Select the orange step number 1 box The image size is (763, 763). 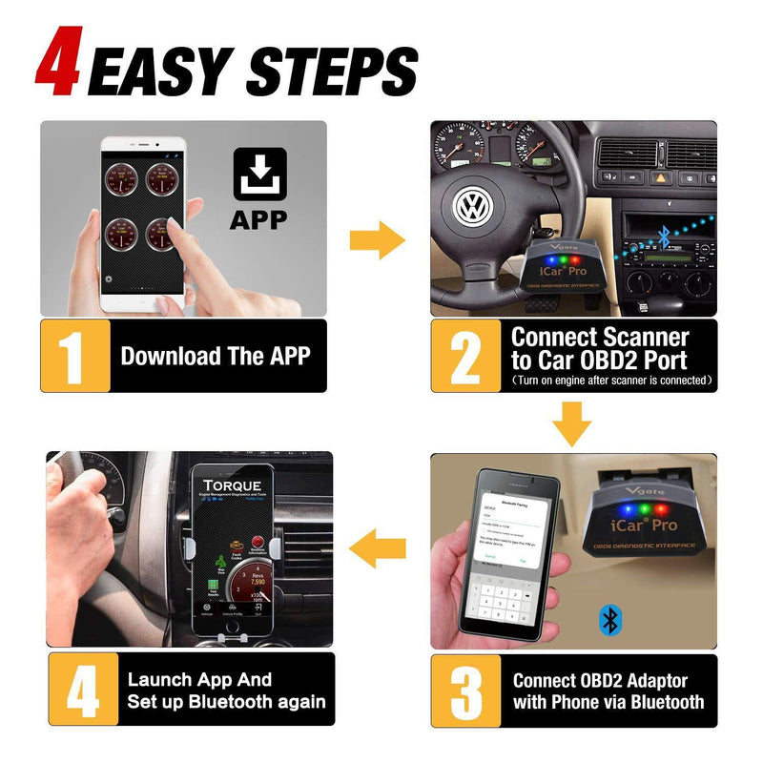click(x=75, y=356)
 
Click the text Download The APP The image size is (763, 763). click(x=216, y=357)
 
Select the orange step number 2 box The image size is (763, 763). click(x=465, y=356)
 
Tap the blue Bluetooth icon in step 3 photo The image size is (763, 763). click(x=608, y=620)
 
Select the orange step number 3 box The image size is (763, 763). click(x=465, y=691)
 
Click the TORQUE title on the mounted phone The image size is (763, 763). click(x=233, y=483)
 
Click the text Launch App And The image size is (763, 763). click(x=199, y=680)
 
